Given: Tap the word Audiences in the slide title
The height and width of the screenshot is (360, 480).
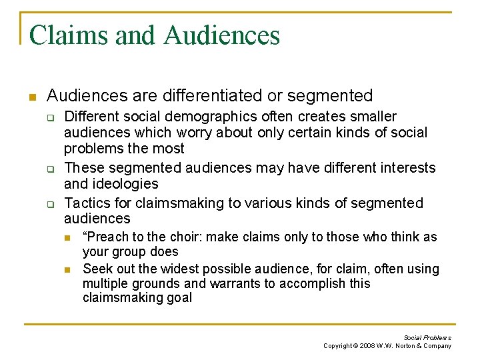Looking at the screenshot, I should tap(221, 35).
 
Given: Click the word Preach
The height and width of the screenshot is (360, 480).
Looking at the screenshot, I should tap(106, 237).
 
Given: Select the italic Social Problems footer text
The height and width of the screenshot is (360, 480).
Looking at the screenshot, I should tap(427, 337).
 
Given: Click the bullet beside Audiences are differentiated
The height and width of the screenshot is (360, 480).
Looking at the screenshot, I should tap(31, 97).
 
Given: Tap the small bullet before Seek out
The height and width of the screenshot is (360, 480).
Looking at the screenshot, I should tap(67, 269).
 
